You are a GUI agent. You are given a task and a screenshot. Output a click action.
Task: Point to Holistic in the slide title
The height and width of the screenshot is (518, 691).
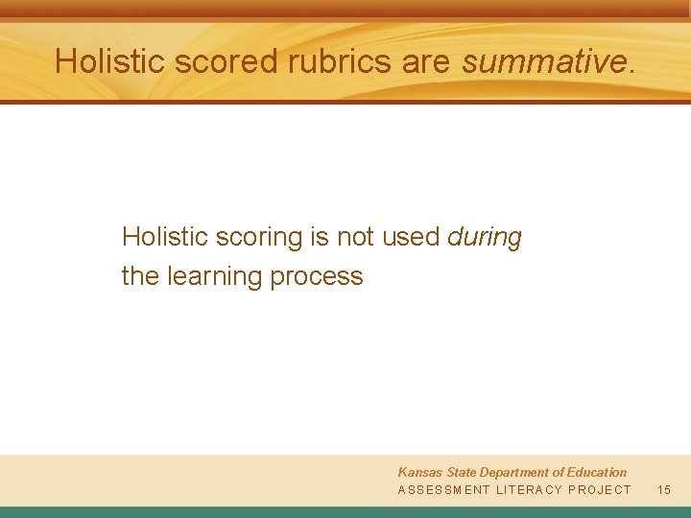coord(113,61)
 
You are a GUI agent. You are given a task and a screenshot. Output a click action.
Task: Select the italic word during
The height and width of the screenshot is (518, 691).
coord(485,236)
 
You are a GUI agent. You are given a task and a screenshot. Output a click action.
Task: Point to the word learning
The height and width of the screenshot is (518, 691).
coord(215,276)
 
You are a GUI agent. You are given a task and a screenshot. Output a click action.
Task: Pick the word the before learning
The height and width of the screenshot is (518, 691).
coord(140,276)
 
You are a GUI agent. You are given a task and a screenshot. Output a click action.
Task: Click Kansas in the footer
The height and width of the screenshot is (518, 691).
coord(419,472)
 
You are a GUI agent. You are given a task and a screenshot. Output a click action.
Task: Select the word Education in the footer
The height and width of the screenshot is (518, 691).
coord(596,472)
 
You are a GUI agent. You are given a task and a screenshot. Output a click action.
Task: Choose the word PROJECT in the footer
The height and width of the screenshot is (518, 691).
coord(600,490)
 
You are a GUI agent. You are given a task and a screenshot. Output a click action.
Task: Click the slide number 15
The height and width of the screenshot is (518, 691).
coord(664,490)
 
